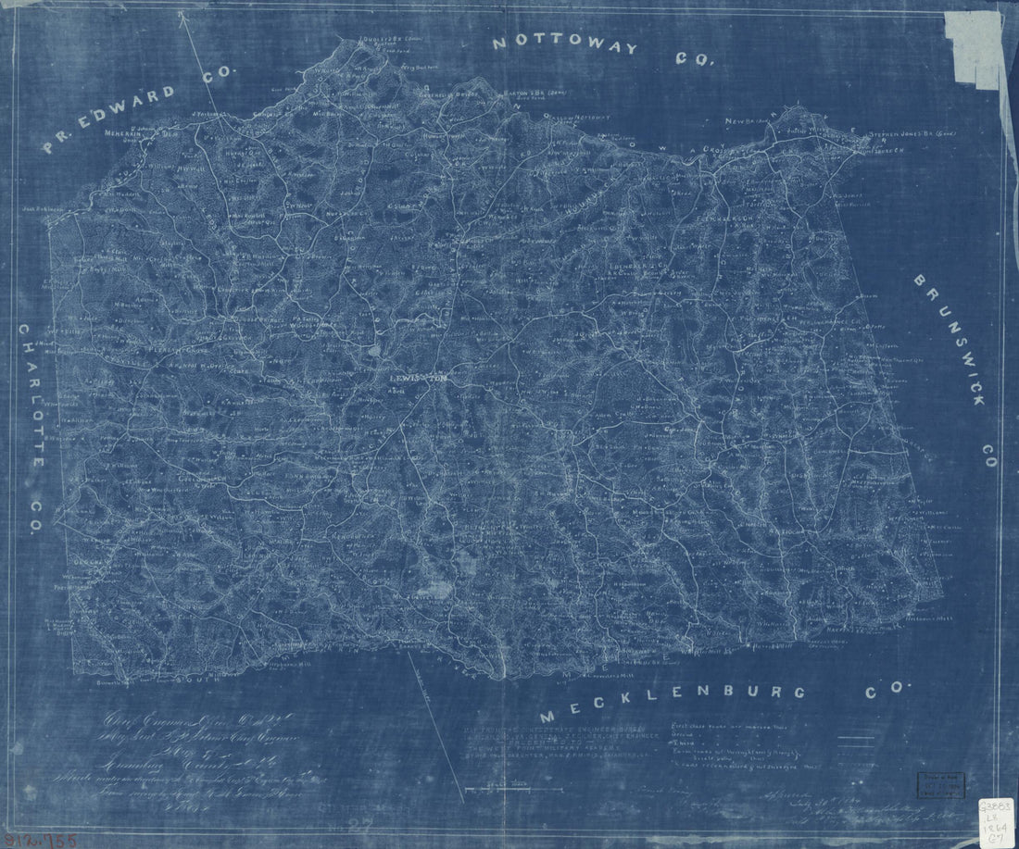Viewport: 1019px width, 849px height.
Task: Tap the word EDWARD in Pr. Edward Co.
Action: (x=139, y=106)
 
